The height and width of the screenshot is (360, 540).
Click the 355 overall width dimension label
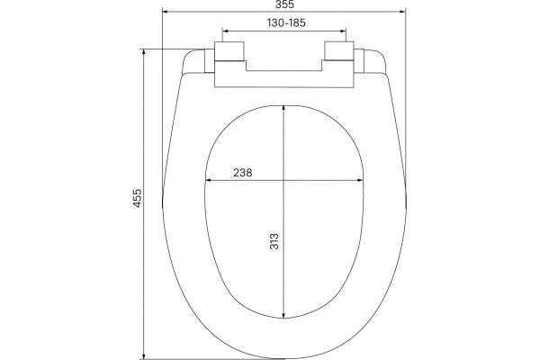[x=284, y=4]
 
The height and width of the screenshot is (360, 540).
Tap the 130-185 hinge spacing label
[x=286, y=22]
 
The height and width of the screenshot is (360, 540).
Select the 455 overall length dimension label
[x=138, y=198]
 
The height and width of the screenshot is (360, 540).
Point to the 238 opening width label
[x=243, y=173]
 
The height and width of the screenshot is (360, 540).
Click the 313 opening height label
[x=274, y=241]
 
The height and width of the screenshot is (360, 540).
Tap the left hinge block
[x=229, y=51]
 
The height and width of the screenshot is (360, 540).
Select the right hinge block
[x=339, y=51]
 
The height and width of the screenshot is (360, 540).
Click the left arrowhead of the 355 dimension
[x=165, y=12]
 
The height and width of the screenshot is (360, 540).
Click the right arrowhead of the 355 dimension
[x=402, y=12]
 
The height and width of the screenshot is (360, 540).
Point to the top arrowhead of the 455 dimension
[x=144, y=52]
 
